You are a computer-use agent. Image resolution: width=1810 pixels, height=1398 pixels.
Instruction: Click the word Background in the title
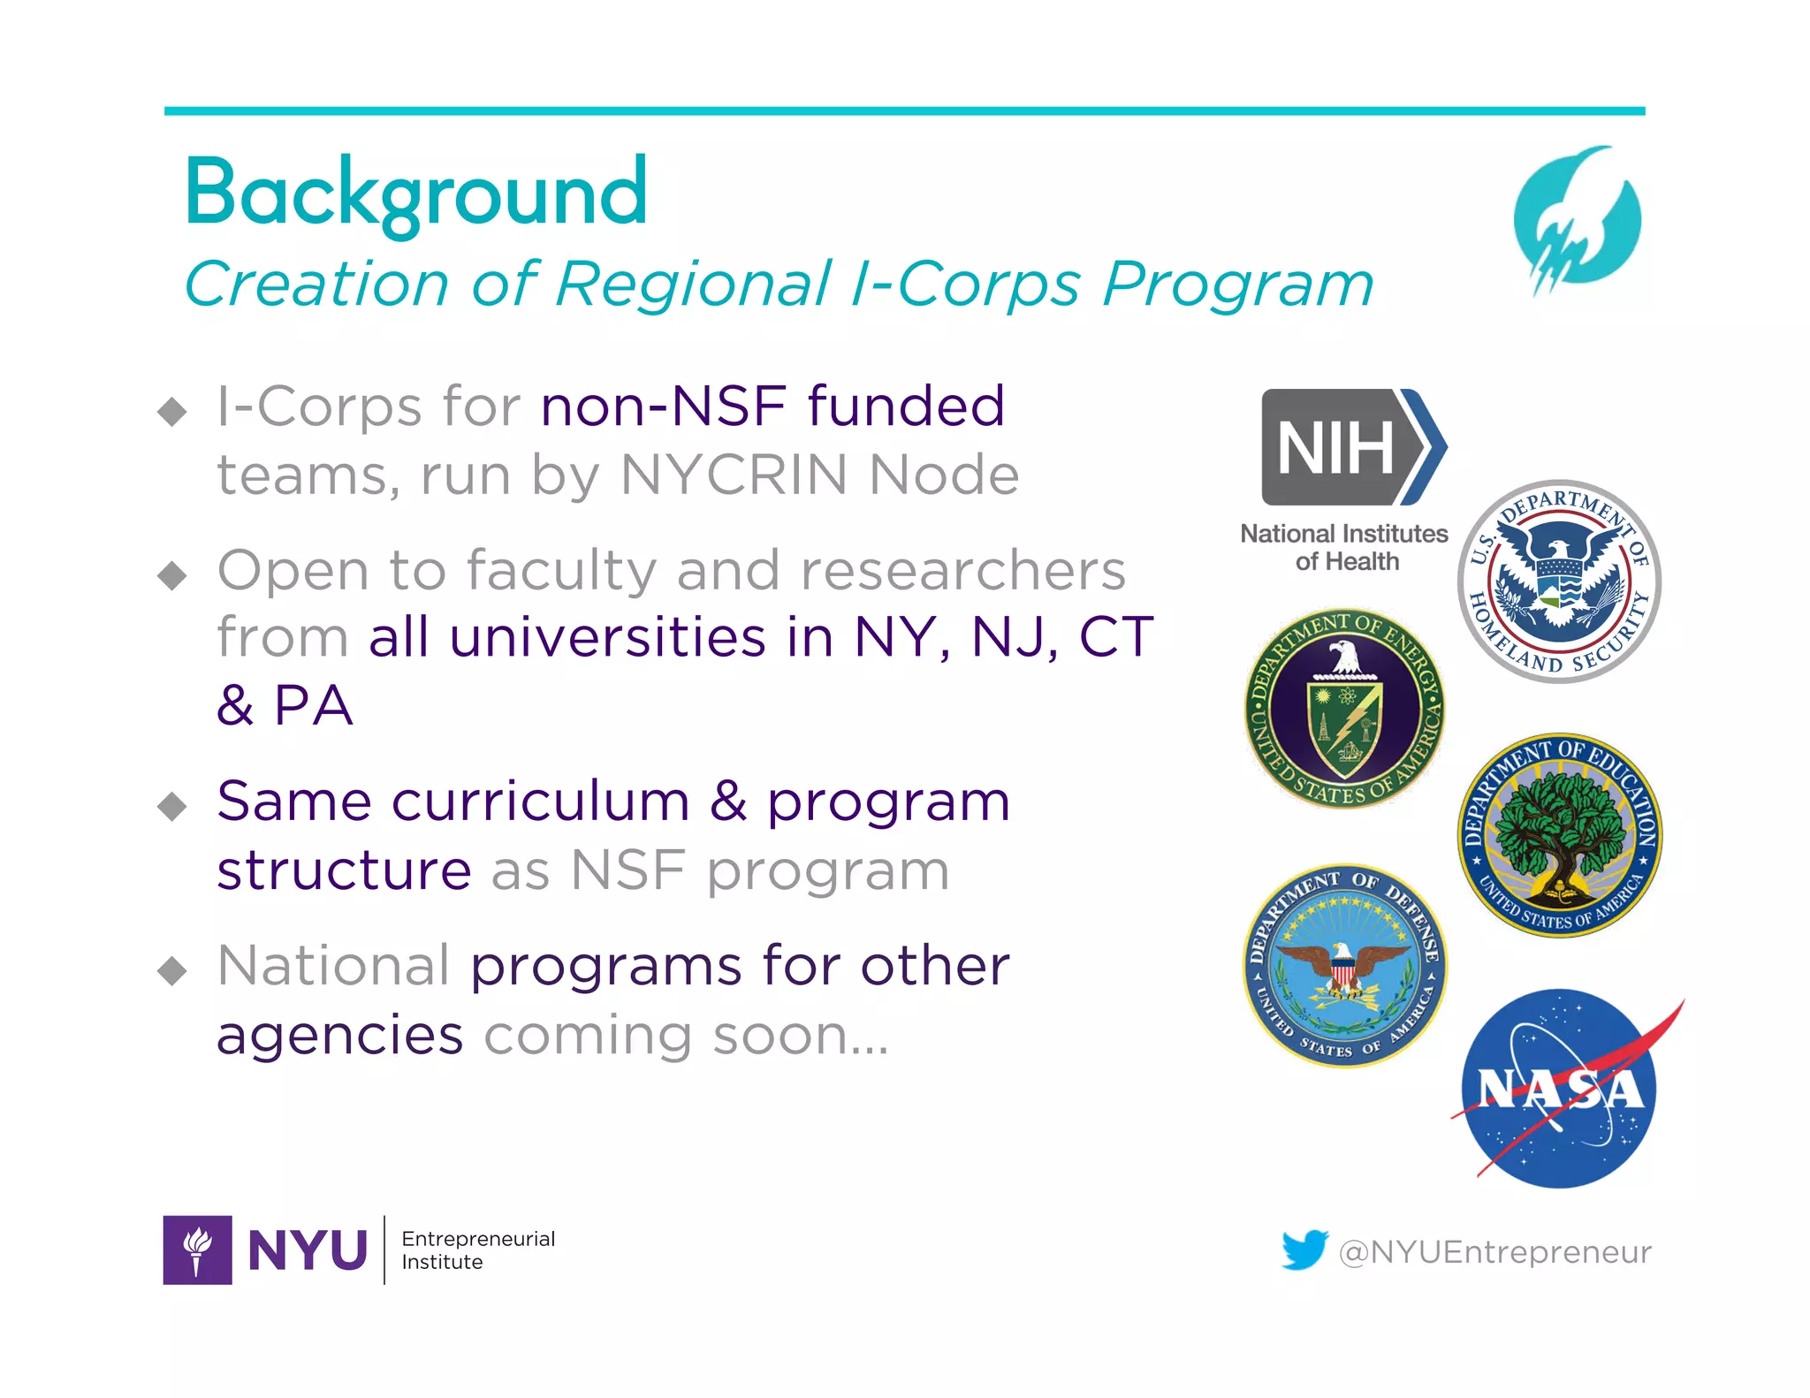[415, 194]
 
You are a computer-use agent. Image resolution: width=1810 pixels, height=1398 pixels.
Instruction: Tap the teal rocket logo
[1578, 218]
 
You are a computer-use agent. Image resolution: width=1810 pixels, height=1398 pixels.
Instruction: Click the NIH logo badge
[1352, 447]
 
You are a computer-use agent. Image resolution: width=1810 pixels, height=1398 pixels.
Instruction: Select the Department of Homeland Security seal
[1559, 581]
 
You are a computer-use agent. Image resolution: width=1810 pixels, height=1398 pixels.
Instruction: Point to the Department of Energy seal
[1344, 708]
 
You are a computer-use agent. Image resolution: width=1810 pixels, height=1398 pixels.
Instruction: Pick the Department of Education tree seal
[1560, 834]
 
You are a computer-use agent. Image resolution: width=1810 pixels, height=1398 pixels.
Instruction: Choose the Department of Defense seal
[1344, 965]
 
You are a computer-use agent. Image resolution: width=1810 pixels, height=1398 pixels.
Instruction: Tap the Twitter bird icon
[1304, 1250]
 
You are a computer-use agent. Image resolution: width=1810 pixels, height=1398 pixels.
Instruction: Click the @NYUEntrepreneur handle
[1494, 1252]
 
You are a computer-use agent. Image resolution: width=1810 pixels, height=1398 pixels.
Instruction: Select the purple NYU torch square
[197, 1250]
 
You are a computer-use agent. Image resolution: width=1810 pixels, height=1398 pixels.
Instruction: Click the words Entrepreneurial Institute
[478, 1250]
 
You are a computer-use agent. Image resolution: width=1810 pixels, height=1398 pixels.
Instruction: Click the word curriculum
[541, 802]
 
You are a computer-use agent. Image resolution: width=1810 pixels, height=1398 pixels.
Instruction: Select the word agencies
[339, 1035]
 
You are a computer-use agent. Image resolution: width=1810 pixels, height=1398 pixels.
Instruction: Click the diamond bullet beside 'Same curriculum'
[171, 806]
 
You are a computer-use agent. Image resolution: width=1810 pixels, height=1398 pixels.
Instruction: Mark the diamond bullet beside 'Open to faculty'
[171, 576]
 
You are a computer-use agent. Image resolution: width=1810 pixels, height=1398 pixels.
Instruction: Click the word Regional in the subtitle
[693, 285]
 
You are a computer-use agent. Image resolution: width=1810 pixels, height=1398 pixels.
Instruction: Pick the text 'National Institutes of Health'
[1344, 547]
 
